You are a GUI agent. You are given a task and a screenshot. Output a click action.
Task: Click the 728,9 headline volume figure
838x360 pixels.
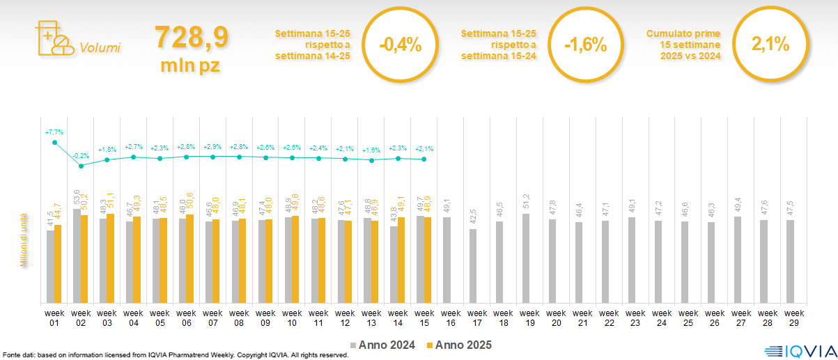coord(192,38)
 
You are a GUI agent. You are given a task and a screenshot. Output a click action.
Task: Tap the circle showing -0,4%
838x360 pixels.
coord(400,45)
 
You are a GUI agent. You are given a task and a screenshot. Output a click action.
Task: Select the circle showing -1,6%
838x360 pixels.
coord(586,45)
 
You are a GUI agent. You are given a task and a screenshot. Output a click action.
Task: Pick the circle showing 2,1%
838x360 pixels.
coord(770,45)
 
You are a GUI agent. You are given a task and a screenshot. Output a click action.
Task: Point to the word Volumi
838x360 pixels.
coord(100,48)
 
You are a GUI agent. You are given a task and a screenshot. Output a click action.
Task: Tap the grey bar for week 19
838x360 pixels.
coord(526,258)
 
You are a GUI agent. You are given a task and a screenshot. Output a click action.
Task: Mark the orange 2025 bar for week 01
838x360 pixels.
coord(58,264)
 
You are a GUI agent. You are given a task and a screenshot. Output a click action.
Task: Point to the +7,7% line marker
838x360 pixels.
coord(55,143)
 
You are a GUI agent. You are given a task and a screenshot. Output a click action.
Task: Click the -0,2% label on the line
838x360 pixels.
coord(81,156)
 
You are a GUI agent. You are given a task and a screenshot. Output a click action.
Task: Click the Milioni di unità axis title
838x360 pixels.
coord(23,240)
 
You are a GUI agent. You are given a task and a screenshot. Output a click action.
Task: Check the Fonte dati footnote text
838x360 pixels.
coord(174,355)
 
